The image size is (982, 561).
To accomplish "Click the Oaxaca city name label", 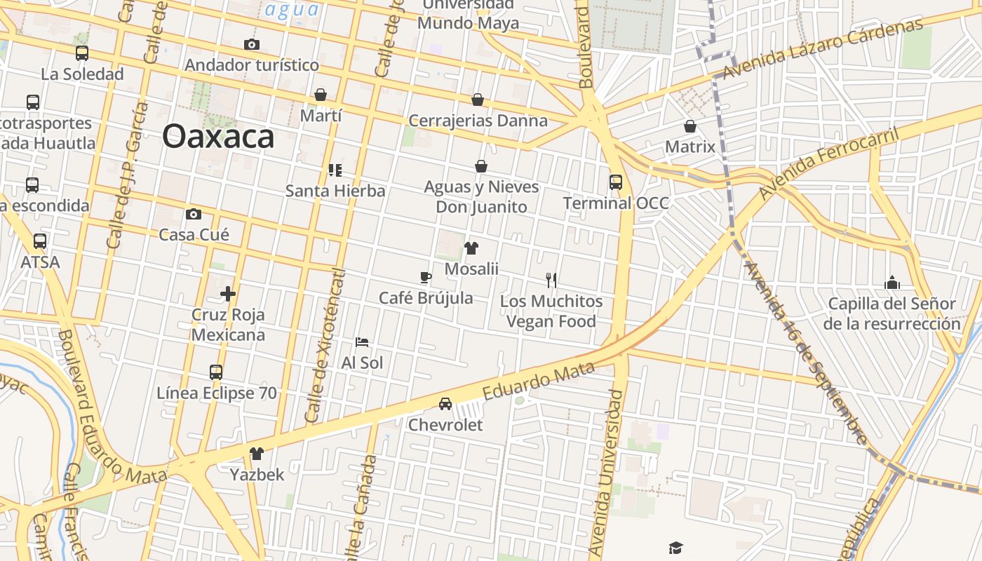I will (x=218, y=136).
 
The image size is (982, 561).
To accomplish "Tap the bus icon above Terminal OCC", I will (x=616, y=182).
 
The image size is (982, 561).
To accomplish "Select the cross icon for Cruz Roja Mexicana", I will (x=228, y=294).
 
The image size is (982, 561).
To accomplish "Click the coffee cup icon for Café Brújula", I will (x=426, y=277).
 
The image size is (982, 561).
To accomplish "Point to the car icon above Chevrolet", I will (x=445, y=404).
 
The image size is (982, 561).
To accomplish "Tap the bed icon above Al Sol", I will (x=362, y=342).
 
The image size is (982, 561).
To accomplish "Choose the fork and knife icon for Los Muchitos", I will (x=551, y=280).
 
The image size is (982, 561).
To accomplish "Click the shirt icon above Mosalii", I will (x=471, y=248).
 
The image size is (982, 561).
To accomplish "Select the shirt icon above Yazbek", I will (x=257, y=454).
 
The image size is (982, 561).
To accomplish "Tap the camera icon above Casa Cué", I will (x=194, y=214).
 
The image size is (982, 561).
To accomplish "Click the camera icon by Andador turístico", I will (x=252, y=45).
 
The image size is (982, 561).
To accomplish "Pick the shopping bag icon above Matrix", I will (x=690, y=126).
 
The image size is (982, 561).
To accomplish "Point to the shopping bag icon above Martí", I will (x=321, y=95).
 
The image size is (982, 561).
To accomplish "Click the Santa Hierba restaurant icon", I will (x=335, y=170).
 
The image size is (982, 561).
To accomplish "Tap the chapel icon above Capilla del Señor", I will (x=892, y=283).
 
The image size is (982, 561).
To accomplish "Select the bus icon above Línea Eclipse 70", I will (x=216, y=372).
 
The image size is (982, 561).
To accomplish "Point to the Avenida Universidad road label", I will (x=607, y=473).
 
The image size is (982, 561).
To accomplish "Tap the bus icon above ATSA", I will (x=40, y=241).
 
